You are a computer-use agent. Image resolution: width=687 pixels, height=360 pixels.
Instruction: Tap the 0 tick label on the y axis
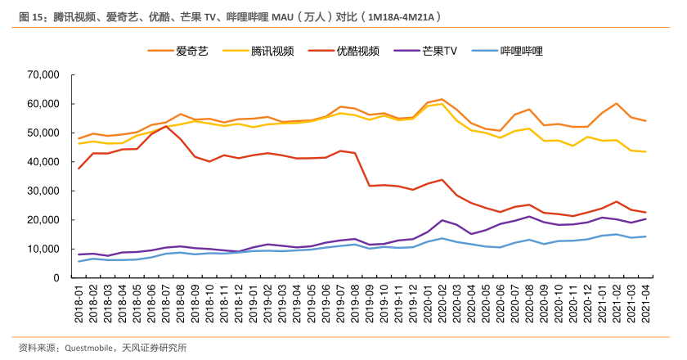pos(56,278)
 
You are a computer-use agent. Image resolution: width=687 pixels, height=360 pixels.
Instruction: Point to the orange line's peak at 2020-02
pos(442,99)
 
